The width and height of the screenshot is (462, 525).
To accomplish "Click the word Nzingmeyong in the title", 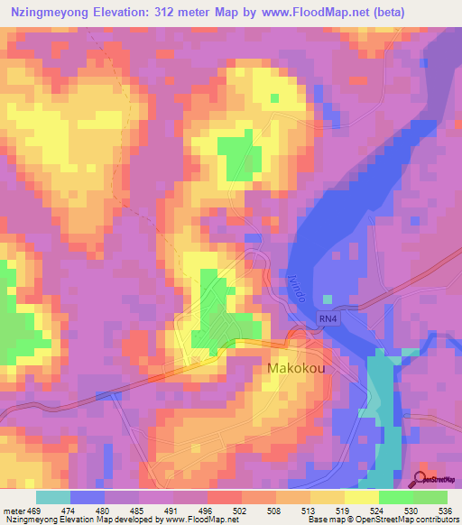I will tap(51, 13).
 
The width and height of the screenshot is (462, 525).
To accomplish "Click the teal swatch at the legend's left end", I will tap(52, 498).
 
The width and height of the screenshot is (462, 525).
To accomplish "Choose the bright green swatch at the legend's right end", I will tap(430, 498).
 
